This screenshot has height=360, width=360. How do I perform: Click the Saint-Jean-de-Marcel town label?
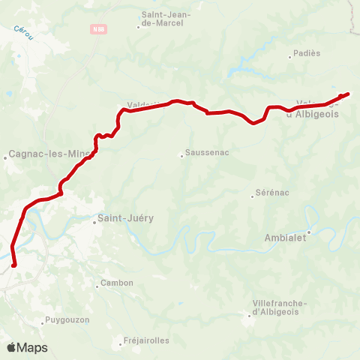tap(166, 19)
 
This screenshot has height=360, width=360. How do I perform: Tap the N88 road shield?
tap(98, 29)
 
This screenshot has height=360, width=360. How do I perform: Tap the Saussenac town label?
tap(202, 155)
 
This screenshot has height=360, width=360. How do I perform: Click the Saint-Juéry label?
tap(125, 218)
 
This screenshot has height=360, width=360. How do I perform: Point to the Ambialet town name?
tap(285, 238)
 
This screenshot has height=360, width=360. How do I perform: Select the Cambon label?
tap(118, 283)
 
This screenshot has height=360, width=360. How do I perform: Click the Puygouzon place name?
tap(67, 319)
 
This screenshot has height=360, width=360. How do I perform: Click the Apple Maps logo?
tap(27, 347)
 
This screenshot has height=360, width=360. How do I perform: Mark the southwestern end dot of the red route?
tap(14, 264)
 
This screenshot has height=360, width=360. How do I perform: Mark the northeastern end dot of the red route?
tap(347, 94)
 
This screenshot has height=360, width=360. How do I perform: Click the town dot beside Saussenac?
tap(181, 156)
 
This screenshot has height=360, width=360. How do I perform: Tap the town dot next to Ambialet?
tap(308, 232)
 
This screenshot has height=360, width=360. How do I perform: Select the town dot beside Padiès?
tap(290, 55)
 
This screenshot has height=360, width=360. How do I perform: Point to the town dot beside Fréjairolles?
tap(121, 345)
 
